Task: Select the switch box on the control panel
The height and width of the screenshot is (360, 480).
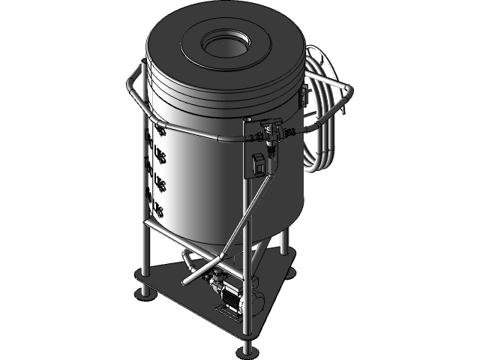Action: (259, 163)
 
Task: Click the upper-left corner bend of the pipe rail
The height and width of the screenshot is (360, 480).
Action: (135, 75)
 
